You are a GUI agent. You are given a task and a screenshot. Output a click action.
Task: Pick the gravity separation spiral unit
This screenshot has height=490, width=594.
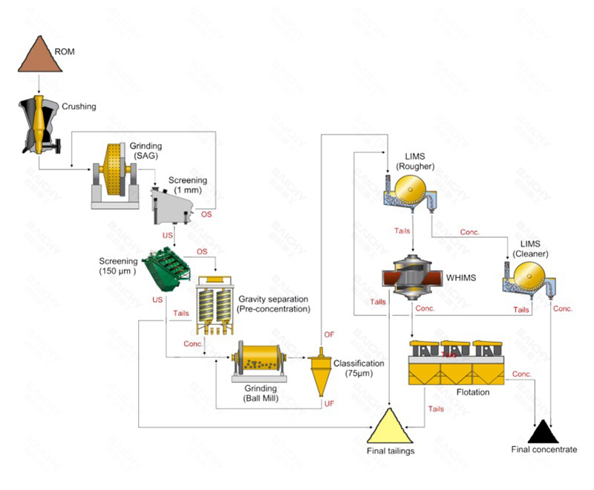(x=215, y=306)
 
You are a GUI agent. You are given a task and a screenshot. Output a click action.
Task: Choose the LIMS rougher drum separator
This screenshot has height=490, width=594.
(x=410, y=193)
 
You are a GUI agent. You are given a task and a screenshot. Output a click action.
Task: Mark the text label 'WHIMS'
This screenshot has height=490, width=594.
(x=461, y=278)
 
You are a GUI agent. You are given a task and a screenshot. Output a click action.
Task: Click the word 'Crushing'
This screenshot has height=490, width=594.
(x=78, y=106)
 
